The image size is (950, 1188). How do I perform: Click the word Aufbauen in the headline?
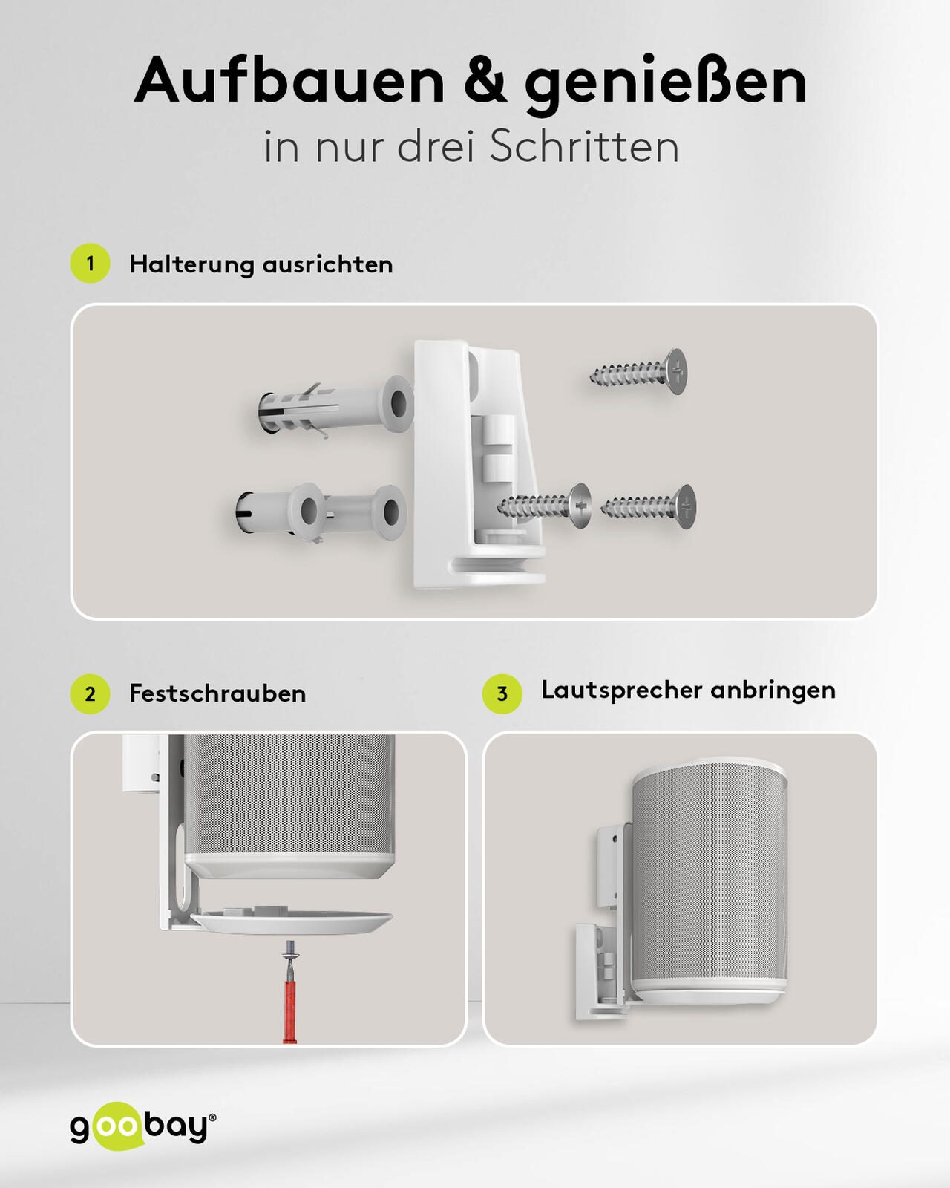coord(289,81)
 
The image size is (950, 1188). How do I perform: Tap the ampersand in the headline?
coord(486,81)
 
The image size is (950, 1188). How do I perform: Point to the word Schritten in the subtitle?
coord(585,147)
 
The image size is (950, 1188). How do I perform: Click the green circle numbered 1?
coord(90,264)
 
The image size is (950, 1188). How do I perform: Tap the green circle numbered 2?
coord(90,694)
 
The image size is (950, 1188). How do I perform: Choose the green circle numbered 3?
coord(502,694)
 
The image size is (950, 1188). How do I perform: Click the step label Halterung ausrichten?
coord(261,264)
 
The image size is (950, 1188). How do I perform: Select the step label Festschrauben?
coord(217,694)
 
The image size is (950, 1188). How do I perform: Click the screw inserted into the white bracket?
coord(544,506)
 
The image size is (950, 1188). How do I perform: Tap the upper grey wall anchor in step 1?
coord(335,406)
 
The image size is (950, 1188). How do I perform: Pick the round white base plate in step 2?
coord(292,920)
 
